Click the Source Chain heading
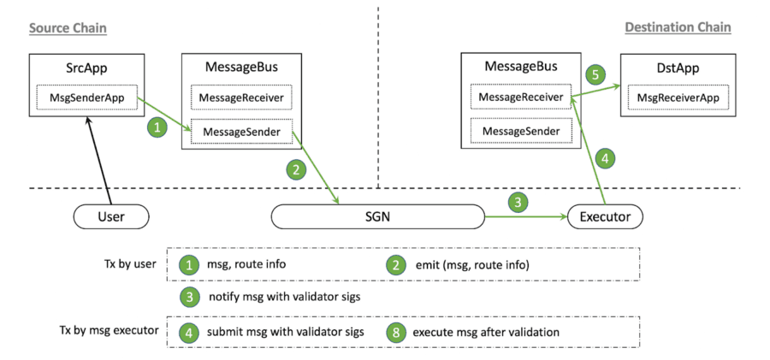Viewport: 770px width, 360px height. tap(68, 27)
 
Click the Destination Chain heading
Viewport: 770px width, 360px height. tap(678, 27)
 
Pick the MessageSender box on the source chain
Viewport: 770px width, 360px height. tap(240, 132)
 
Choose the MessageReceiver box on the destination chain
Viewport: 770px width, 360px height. tap(520, 97)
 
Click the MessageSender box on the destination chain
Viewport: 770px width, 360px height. tap(520, 131)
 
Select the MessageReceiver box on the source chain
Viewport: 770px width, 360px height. tap(240, 98)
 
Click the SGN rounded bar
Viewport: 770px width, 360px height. tap(378, 216)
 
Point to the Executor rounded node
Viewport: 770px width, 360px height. tap(605, 216)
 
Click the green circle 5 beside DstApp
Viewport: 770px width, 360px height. tap(598, 74)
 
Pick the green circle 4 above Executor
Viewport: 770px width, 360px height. tap(604, 158)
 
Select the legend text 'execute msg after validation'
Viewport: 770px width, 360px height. tap(486, 332)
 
